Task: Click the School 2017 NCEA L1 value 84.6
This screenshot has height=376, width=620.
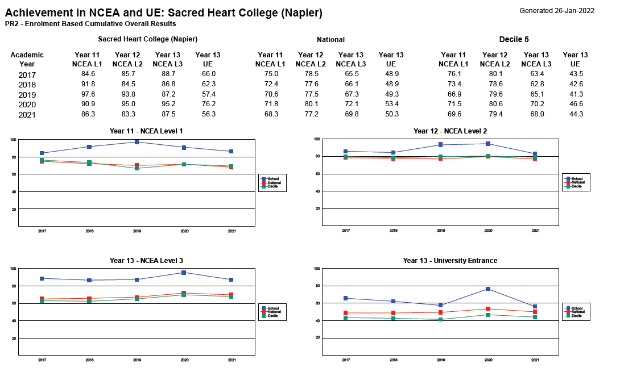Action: coord(88,74)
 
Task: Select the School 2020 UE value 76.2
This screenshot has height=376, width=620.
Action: coord(209,105)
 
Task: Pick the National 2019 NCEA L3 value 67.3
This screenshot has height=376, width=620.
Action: coord(351,94)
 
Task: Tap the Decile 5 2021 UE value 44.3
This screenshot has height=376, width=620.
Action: coord(575,115)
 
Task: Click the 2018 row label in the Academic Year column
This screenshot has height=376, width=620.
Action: coord(27,85)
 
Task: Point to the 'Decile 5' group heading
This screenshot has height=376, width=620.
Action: coord(514,39)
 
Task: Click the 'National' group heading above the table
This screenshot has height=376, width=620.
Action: coord(330,40)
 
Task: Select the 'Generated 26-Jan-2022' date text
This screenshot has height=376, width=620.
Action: coord(557,11)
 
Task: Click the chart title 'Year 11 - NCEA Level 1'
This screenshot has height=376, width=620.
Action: coord(146,131)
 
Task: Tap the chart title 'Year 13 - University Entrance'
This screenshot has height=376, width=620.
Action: coord(450,261)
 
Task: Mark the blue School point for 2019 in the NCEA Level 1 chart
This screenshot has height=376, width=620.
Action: coord(137,142)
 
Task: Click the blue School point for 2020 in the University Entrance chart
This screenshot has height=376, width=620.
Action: coord(487,289)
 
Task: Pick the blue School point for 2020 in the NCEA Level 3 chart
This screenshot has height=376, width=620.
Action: coord(184,273)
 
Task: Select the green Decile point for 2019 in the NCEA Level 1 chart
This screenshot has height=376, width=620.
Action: coord(137,168)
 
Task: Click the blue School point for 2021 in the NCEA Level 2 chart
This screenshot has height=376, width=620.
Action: coord(535,154)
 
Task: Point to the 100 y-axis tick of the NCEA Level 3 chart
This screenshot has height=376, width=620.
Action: coord(13,269)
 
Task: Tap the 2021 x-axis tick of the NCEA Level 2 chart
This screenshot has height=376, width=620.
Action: coord(535,231)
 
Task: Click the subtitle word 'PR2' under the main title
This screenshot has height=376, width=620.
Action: coord(11,24)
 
